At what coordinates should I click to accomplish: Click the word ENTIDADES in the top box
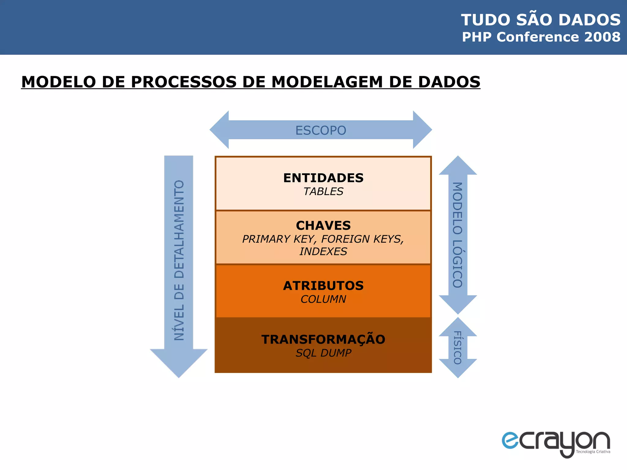[x=323, y=178]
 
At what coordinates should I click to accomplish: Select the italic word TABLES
[x=323, y=192]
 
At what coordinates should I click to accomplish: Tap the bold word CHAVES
[x=323, y=226]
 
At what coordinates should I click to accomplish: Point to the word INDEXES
[x=323, y=252]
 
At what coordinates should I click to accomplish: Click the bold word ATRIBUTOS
[x=323, y=285]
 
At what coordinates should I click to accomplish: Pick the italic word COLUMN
[x=323, y=299]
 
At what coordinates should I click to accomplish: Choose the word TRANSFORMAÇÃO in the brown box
[x=323, y=339]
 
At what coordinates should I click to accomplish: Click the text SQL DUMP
[x=323, y=353]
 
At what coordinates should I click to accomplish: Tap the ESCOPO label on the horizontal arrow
[x=321, y=130]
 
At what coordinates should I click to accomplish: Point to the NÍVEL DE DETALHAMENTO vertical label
[x=179, y=260]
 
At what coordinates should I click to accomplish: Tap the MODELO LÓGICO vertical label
[x=457, y=235]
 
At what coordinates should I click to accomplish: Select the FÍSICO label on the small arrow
[x=457, y=348]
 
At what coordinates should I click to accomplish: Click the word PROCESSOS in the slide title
[x=184, y=82]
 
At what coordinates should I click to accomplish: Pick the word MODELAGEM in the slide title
[x=327, y=82]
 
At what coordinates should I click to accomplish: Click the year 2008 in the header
[x=602, y=37]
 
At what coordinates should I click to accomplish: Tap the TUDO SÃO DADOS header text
[x=541, y=20]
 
